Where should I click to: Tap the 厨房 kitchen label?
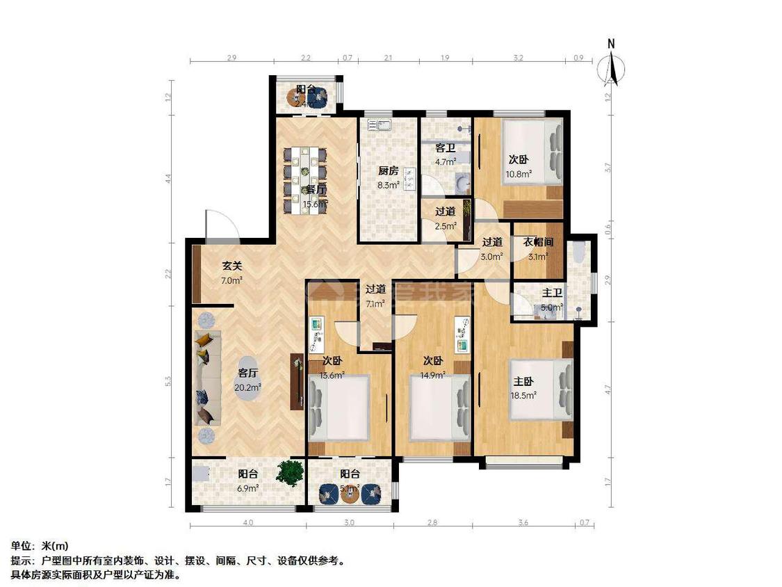tap(389, 171)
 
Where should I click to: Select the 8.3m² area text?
tap(389, 185)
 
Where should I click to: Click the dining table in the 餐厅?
tap(306, 180)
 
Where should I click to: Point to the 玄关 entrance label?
tap(232, 266)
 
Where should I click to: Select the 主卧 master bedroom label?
tap(524, 381)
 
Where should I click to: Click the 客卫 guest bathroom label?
tap(445, 148)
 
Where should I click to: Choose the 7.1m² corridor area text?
tap(375, 303)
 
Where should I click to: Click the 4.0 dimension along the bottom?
tap(247, 522)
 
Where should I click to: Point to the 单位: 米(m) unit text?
tap(40, 547)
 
